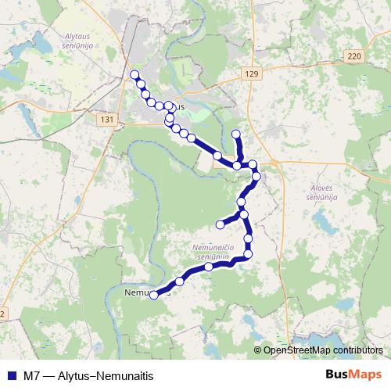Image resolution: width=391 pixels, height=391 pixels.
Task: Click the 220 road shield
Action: click(x=354, y=56)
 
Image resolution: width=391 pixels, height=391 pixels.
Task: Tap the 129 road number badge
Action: click(x=249, y=74)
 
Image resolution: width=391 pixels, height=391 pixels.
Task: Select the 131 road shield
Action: click(x=107, y=119)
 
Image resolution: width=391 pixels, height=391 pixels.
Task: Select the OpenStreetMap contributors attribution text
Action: click(x=323, y=350)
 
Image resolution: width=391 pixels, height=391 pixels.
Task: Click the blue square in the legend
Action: click(x=11, y=374)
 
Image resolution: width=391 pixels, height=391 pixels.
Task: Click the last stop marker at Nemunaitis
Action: click(x=154, y=295)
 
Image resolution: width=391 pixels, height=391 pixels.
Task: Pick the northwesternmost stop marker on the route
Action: click(x=134, y=75)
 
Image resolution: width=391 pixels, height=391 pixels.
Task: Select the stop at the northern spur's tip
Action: click(x=236, y=134)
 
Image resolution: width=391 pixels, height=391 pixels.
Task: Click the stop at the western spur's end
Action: click(x=221, y=224)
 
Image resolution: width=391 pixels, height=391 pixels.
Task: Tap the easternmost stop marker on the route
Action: click(x=256, y=175)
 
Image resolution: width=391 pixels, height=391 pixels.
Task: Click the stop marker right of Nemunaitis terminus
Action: click(x=180, y=281)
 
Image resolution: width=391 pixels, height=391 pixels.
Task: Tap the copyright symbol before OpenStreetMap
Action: click(x=258, y=350)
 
